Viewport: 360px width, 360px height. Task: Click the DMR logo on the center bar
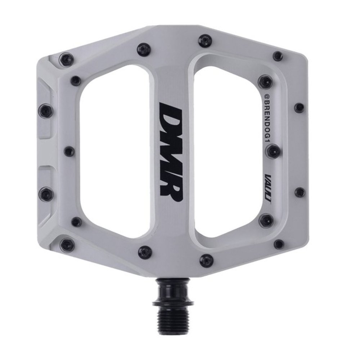171,152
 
